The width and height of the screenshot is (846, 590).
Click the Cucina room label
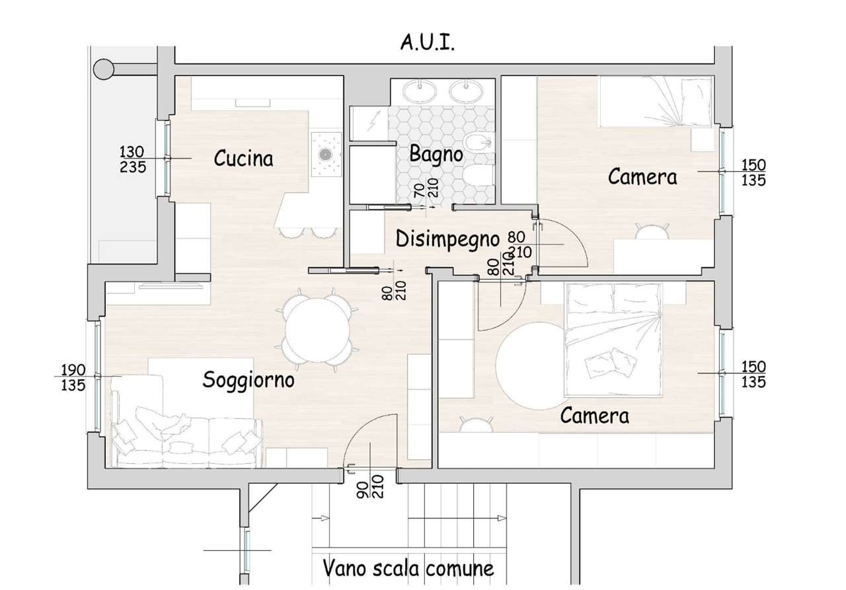pyautogui.click(x=243, y=159)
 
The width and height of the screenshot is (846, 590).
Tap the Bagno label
pyautogui.click(x=436, y=155)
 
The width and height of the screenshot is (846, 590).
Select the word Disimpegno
pyautogui.click(x=448, y=239)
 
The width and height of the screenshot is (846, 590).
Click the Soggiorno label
pyautogui.click(x=248, y=380)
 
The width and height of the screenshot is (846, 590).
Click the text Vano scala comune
pyautogui.click(x=408, y=568)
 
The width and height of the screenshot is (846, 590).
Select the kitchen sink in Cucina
pyautogui.click(x=325, y=155)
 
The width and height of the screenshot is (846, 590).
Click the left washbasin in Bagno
pyautogui.click(x=420, y=91)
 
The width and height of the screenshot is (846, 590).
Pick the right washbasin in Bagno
pyautogui.click(x=466, y=91)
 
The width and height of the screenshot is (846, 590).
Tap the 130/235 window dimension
pyautogui.click(x=133, y=159)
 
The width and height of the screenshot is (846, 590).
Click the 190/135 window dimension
pyautogui.click(x=73, y=377)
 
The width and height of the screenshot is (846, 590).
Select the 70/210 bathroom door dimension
pyautogui.click(x=426, y=188)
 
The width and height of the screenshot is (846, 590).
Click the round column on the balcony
pyautogui.click(x=103, y=69)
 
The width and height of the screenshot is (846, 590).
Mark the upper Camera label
pyautogui.click(x=642, y=176)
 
